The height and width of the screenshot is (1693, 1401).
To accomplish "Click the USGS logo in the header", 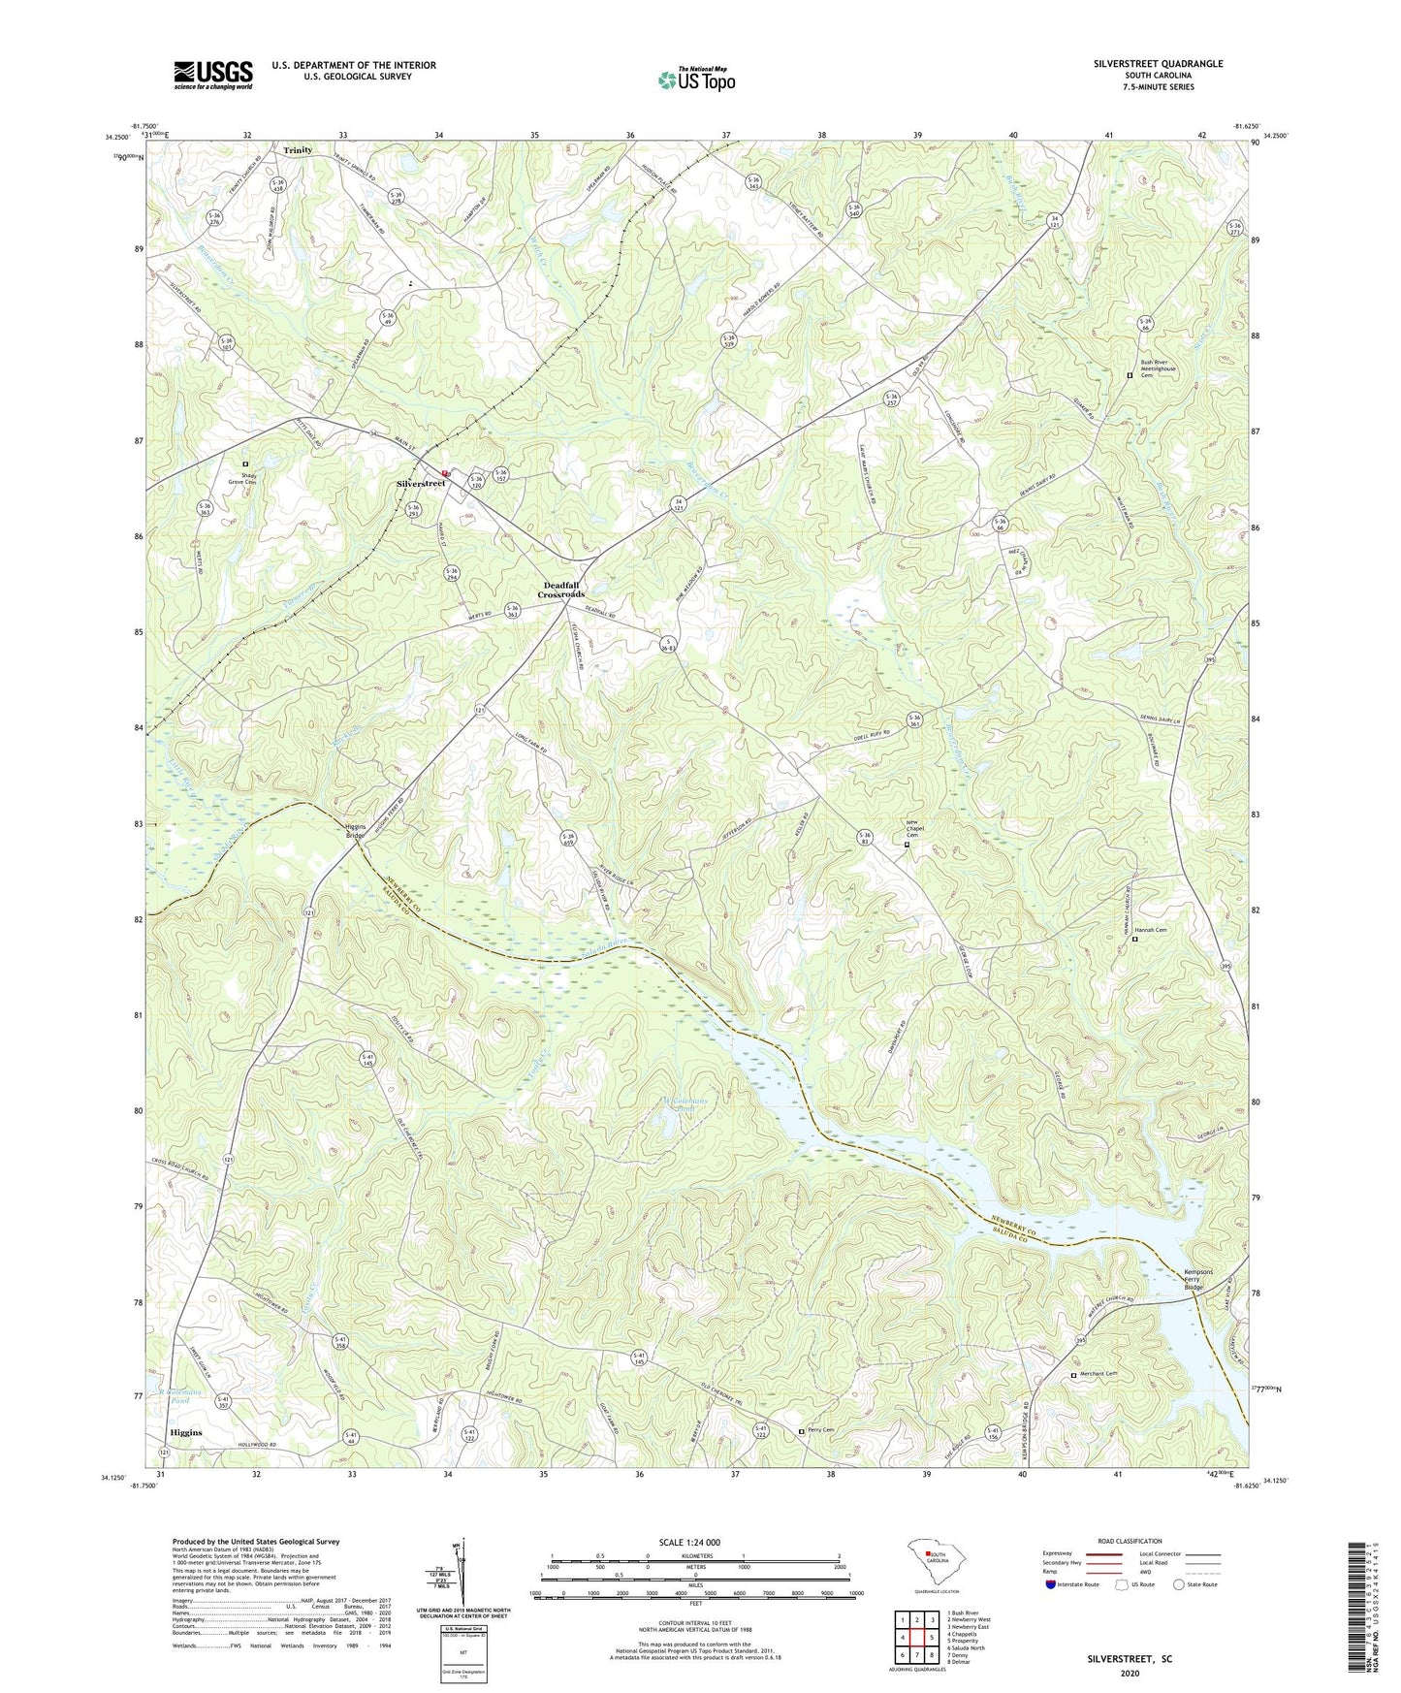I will [212, 75].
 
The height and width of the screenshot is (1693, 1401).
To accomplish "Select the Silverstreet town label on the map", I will [419, 483].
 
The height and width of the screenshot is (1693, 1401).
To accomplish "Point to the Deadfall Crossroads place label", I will [561, 590].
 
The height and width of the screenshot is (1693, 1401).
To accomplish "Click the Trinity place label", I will [298, 150].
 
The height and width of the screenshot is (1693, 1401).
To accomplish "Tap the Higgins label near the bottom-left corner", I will [186, 1432].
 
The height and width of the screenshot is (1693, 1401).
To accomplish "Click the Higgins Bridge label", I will [356, 832].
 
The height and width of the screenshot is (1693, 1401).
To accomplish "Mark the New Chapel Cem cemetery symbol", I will [907, 845].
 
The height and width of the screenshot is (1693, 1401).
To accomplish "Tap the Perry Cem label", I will [820, 1430].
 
